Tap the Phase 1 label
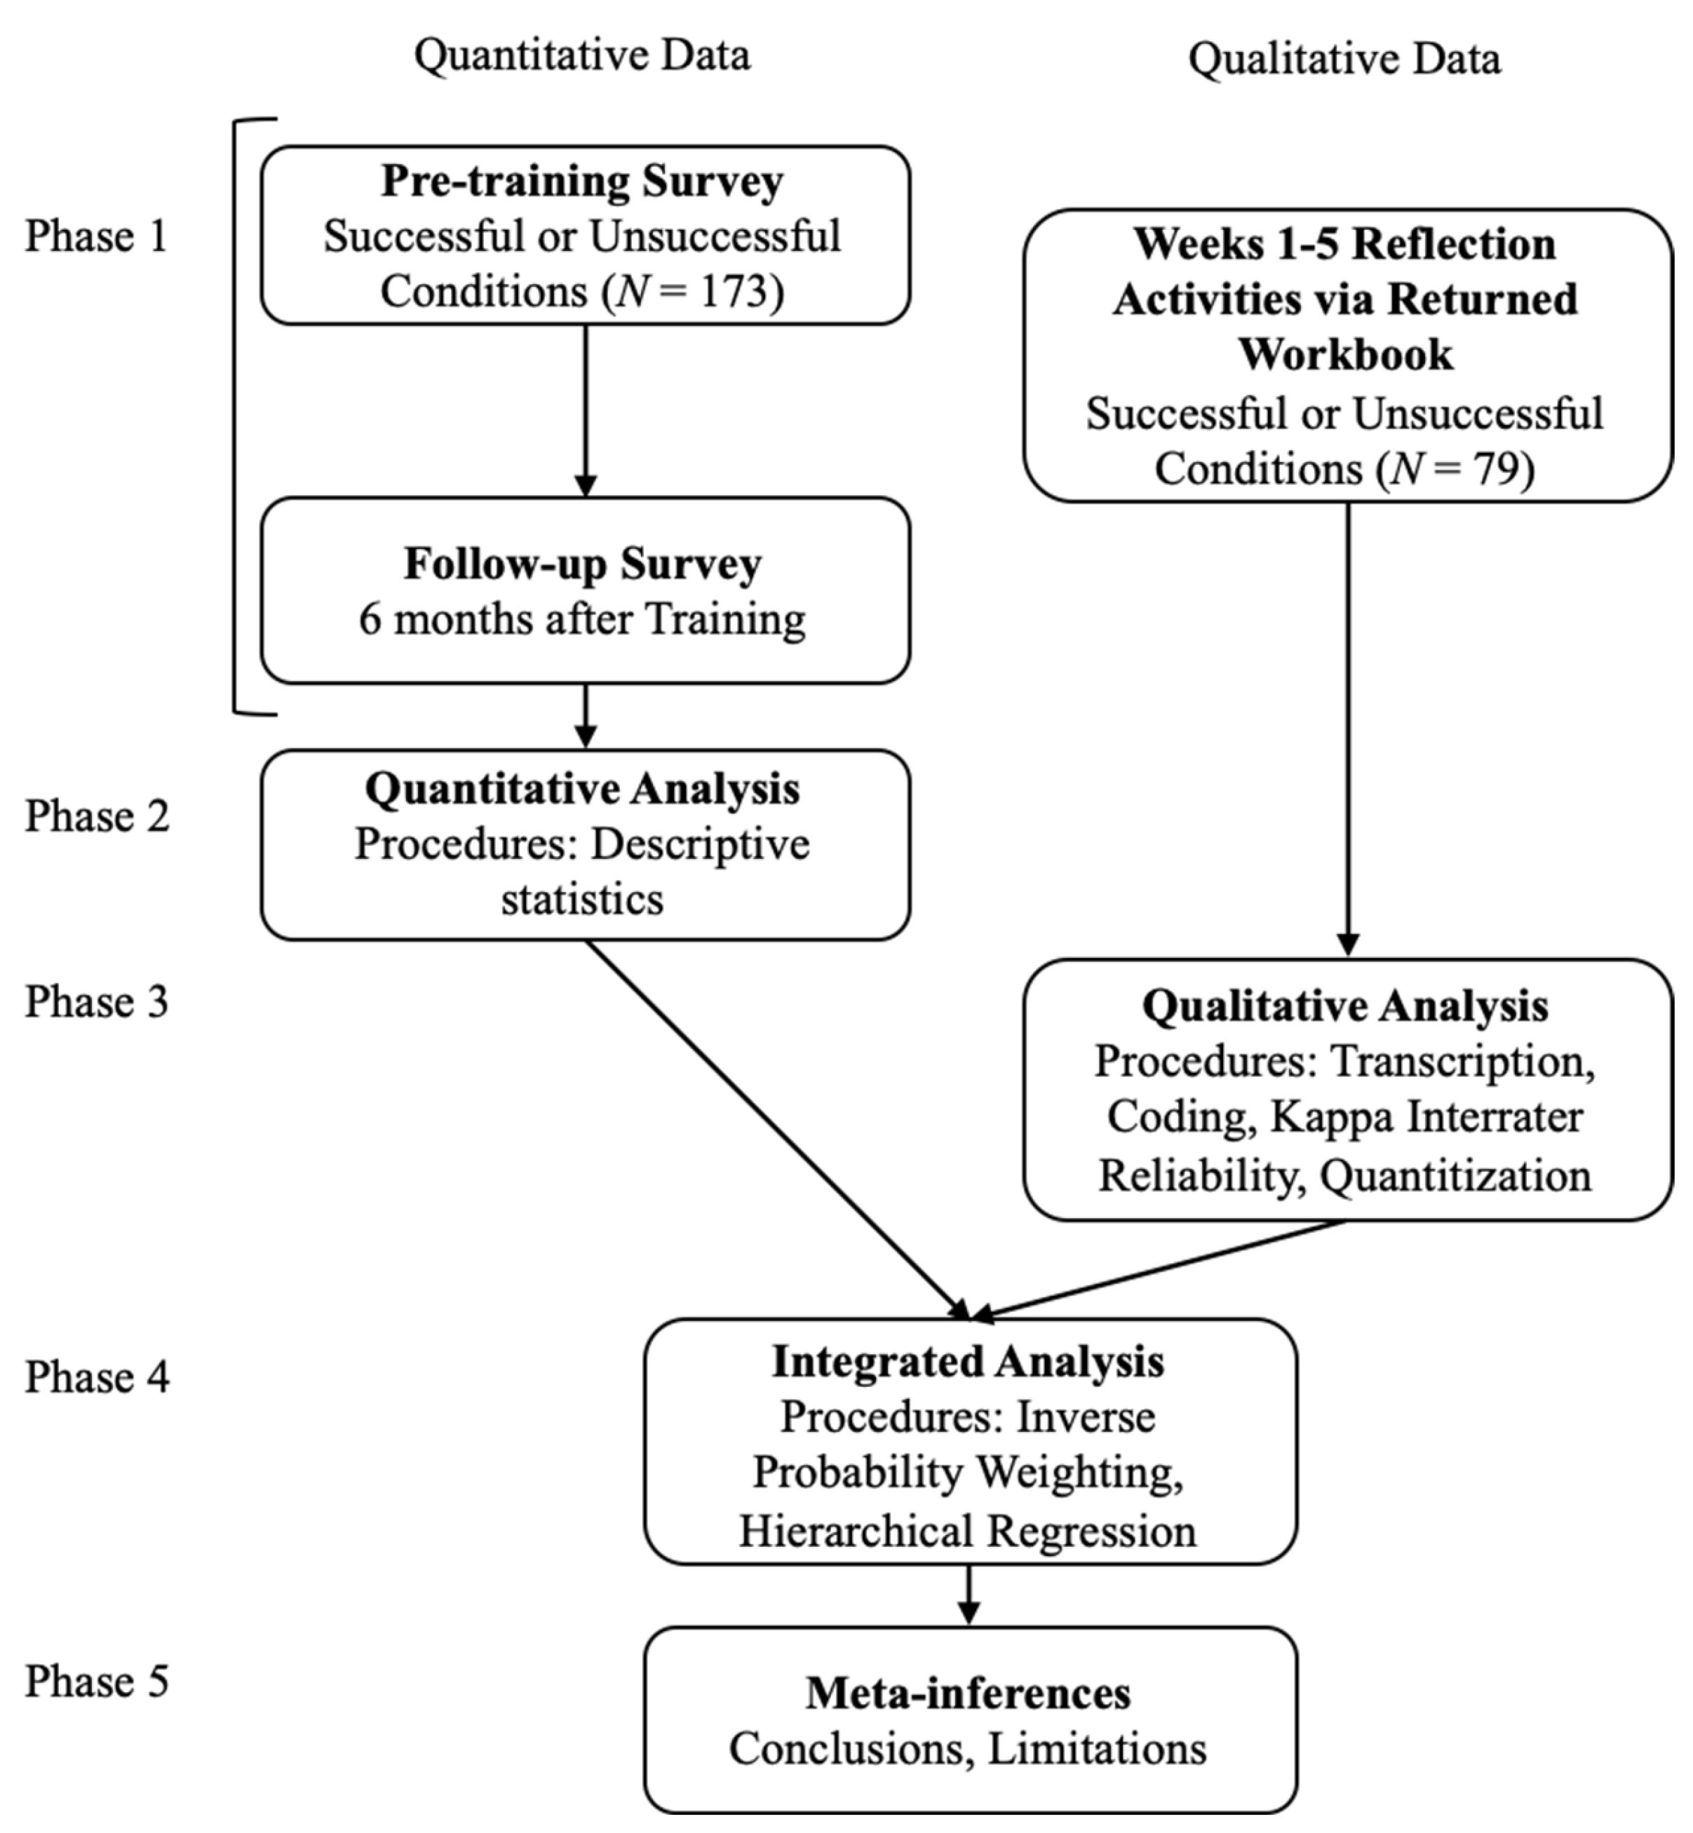coord(96,236)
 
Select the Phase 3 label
coord(96,1002)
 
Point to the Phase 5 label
coord(96,1682)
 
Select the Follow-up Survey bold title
coord(583,563)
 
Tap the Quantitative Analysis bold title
coord(583,789)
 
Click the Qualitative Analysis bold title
coord(1345,1006)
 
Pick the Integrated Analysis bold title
coord(969,1361)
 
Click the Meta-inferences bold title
coord(969,1693)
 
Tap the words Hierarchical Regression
coord(969,1531)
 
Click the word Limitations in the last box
coord(1097,1750)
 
